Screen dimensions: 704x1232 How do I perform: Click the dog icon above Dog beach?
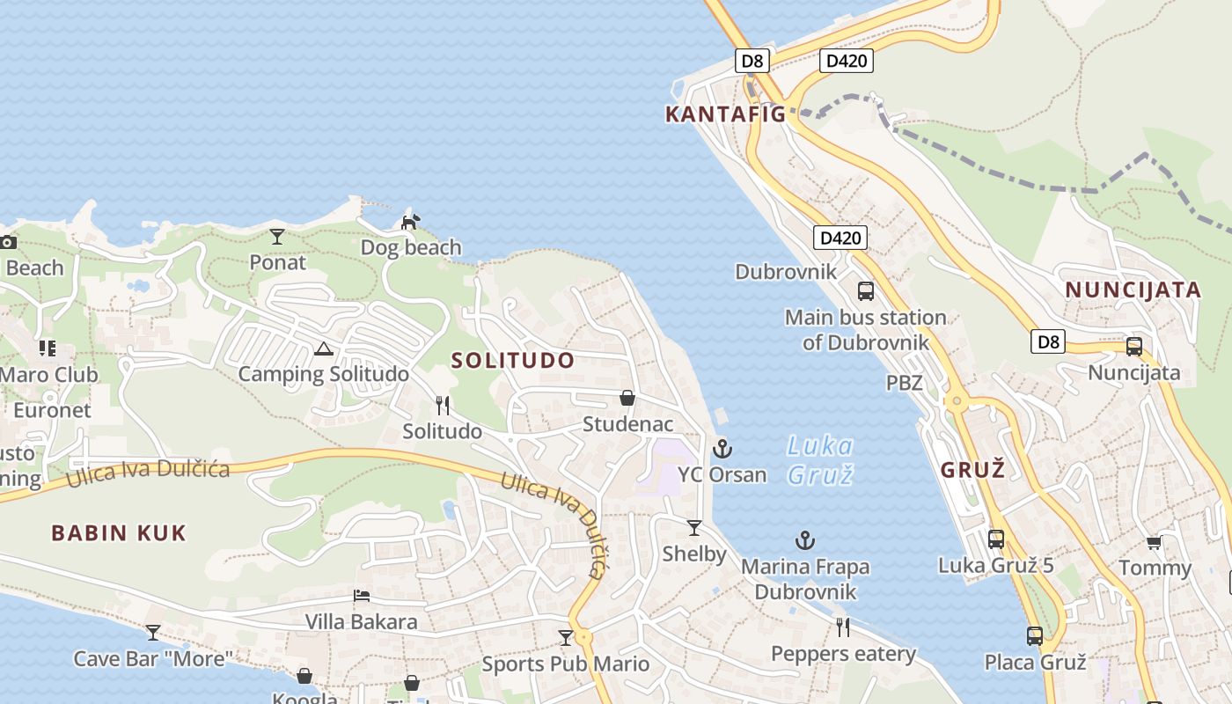409,222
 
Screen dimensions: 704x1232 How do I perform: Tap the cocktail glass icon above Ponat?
277,236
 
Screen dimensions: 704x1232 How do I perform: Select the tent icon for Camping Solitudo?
323,349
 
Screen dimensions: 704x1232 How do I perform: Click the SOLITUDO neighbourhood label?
513,360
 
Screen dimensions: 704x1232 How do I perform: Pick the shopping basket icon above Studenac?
627,398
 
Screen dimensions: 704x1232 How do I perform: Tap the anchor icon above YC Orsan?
722,449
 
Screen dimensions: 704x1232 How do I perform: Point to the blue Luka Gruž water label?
819,460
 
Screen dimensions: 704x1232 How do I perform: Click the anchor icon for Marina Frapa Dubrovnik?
804,540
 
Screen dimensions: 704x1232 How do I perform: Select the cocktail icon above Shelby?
694,527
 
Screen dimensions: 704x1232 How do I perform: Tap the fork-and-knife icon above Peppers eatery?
843,627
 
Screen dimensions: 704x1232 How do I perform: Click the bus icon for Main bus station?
866,291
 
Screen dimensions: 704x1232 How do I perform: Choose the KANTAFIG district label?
725,114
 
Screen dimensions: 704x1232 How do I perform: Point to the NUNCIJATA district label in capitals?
1133,290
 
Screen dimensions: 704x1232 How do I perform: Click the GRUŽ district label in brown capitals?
972,470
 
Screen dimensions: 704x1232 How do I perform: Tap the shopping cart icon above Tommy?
1154,542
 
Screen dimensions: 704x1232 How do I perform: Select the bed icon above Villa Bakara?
361,596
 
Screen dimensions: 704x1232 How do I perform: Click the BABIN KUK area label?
119,532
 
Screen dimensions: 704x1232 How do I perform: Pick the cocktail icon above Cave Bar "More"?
153,632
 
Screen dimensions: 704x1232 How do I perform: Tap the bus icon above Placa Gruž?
1035,635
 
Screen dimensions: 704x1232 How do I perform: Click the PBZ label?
904,383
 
